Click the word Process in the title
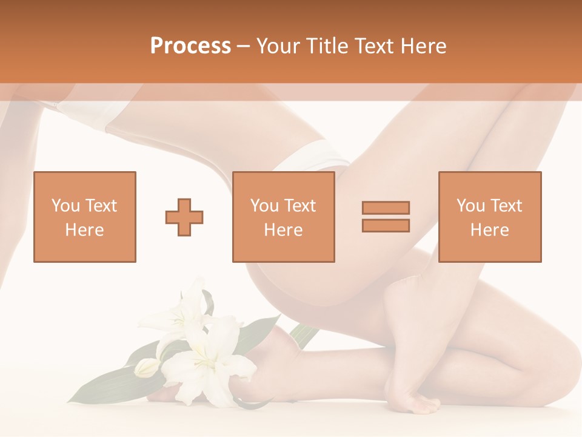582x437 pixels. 190,46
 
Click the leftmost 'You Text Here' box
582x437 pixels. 84,217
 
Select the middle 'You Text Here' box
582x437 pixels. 283,217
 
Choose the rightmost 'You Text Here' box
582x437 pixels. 489,217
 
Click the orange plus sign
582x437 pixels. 184,217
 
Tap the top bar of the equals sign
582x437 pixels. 386,208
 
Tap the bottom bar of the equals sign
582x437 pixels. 386,225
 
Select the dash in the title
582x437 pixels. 244,46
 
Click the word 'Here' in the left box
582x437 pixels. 84,230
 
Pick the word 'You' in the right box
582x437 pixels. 470,206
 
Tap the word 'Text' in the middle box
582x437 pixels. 299,206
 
